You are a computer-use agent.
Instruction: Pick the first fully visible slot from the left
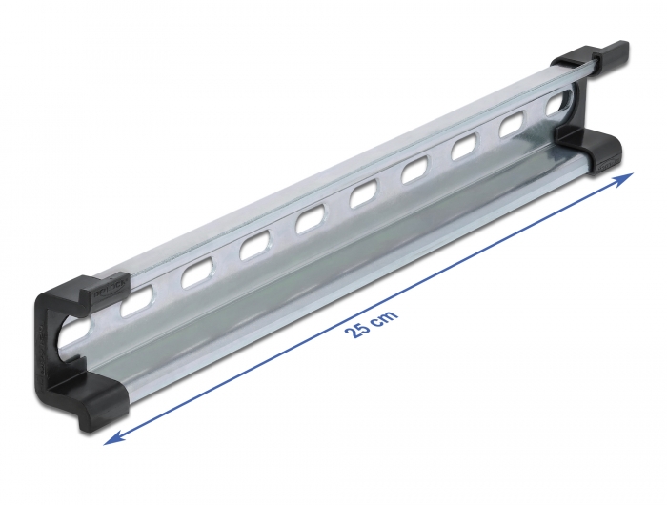click(136, 301)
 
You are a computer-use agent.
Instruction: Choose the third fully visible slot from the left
click(253, 249)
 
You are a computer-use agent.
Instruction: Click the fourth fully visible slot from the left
click(310, 223)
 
